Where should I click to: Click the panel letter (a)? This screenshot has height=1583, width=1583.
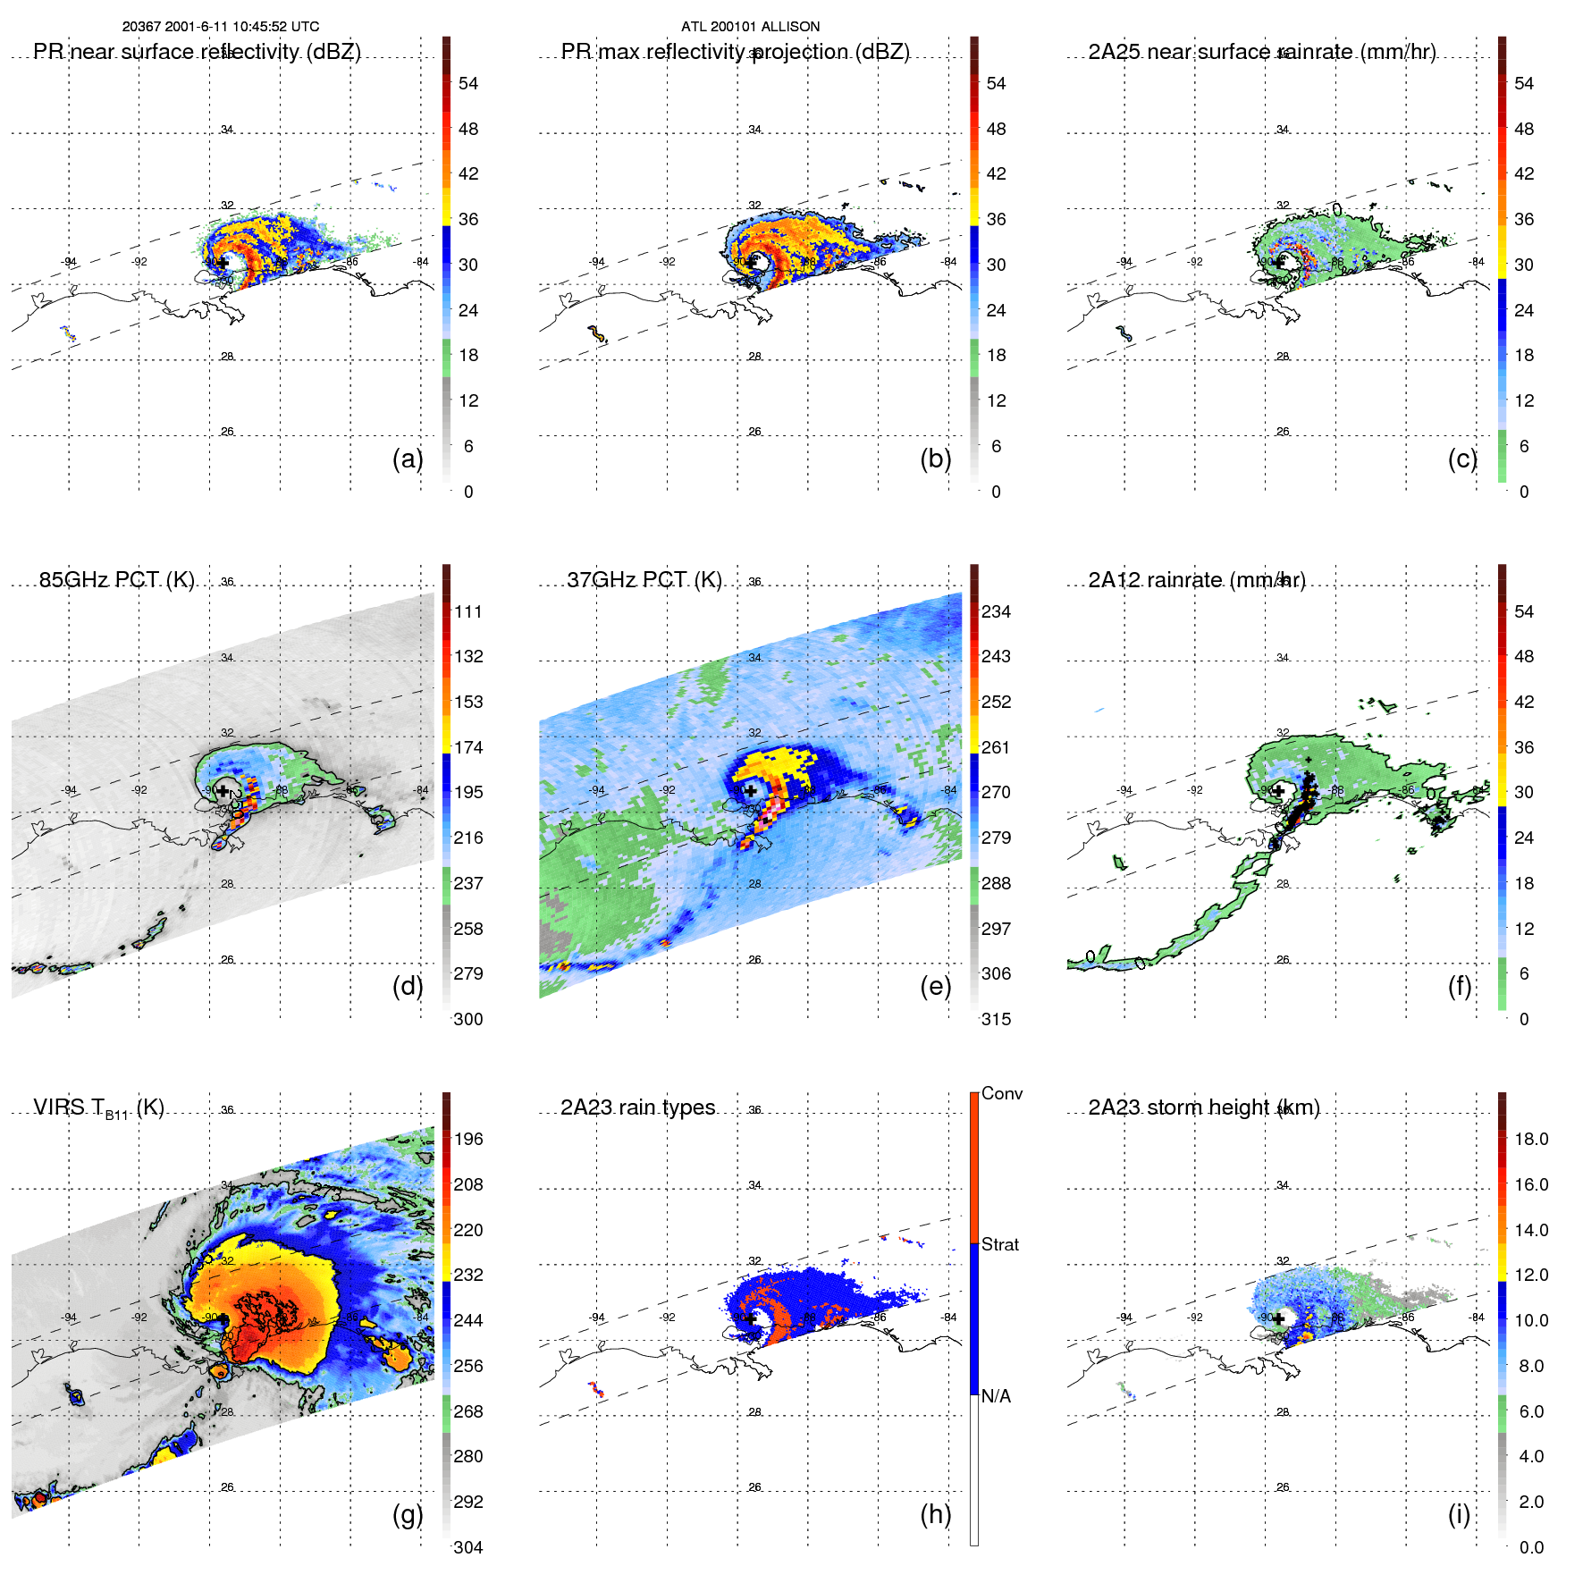(x=408, y=459)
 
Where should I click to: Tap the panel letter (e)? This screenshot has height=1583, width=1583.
(x=935, y=986)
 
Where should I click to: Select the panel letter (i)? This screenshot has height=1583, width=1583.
(x=1459, y=1514)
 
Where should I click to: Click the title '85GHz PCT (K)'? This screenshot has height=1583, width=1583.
(x=117, y=579)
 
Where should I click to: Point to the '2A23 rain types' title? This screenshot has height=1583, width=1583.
(x=638, y=1107)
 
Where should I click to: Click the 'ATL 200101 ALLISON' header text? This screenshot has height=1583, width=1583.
(x=750, y=27)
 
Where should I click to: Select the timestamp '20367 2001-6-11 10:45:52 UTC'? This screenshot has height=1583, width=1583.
(x=221, y=27)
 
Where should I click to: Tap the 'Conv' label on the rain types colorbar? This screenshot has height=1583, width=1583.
(x=1001, y=1093)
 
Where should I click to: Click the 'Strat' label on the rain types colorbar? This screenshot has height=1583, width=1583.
(x=999, y=1244)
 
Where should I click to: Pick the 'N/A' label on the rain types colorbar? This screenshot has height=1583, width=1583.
(x=996, y=1396)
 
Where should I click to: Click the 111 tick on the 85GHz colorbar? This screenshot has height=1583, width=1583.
(x=468, y=611)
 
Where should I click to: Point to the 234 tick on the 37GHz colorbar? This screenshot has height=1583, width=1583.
(x=996, y=611)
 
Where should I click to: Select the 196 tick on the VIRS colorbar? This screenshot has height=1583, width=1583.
(x=468, y=1139)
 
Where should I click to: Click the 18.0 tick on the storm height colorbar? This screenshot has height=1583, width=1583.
(x=1531, y=1139)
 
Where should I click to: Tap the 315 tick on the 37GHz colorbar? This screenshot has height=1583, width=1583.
(x=996, y=1019)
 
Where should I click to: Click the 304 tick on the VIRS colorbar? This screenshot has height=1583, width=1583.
(x=468, y=1547)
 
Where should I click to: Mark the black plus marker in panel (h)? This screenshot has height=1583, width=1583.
(x=751, y=1318)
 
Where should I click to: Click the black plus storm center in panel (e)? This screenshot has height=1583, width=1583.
(x=751, y=791)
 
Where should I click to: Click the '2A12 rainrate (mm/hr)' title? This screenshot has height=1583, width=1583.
(x=1197, y=579)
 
